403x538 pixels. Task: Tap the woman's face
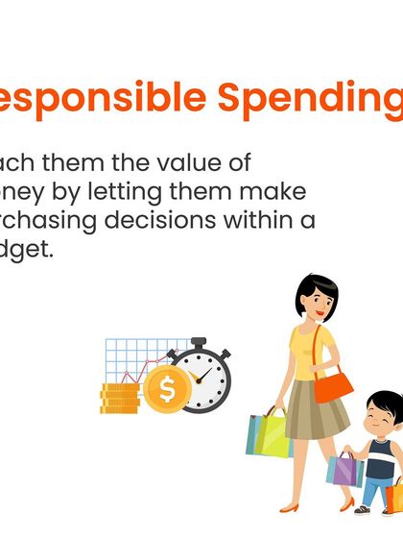click(315, 302)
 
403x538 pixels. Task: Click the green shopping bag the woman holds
click(269, 434)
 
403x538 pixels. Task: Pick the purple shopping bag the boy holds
click(344, 470)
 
